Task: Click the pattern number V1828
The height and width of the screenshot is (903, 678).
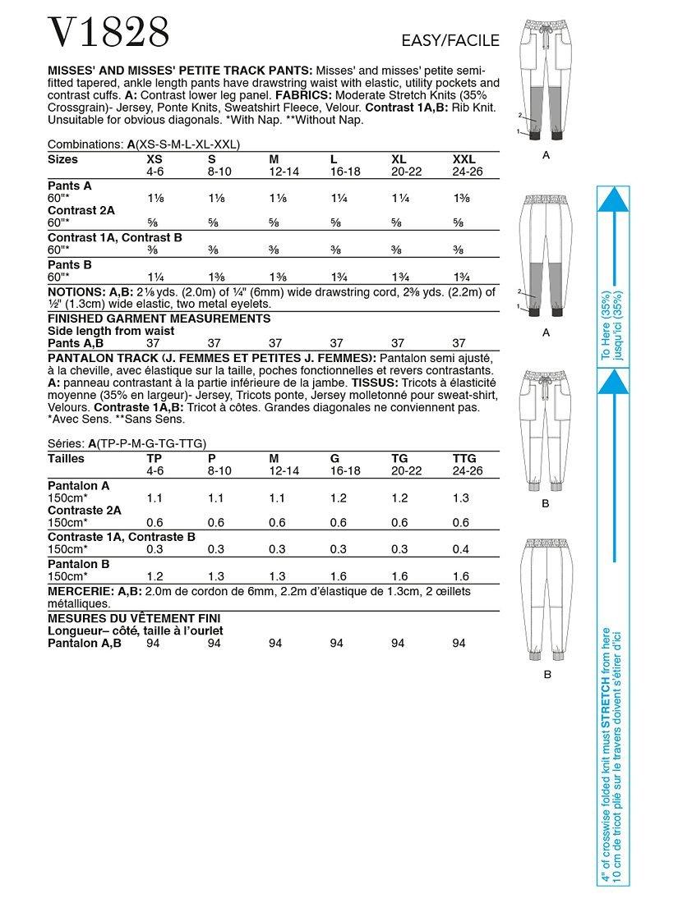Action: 109,33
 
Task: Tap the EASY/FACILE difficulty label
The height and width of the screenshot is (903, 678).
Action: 451,40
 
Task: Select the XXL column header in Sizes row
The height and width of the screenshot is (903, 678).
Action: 464,158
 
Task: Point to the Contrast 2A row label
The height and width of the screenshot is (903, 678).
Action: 81,210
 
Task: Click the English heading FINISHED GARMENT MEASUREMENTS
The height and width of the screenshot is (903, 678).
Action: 159,318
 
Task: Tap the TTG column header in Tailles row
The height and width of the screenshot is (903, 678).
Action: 464,458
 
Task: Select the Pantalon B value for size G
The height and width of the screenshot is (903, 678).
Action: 338,577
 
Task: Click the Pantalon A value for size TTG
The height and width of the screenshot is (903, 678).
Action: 462,497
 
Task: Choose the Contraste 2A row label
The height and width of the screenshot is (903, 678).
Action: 85,510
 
